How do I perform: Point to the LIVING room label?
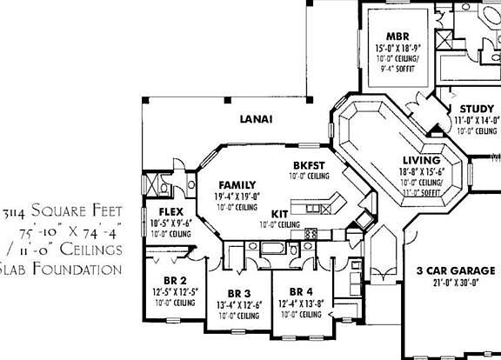[x=422, y=160]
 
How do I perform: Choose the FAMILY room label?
[x=237, y=185]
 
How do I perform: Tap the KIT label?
[x=280, y=213]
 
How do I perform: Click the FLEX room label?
[x=170, y=212]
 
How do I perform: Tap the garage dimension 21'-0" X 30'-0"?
[x=451, y=282]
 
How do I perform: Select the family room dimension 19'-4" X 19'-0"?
[x=237, y=197]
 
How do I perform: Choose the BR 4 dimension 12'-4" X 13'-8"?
[x=301, y=303]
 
